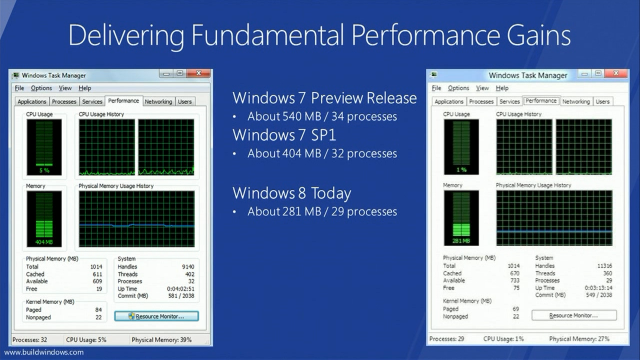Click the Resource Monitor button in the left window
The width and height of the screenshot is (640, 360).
pyautogui.click(x=156, y=316)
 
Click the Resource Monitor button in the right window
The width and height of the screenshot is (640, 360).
pyautogui.click(x=574, y=315)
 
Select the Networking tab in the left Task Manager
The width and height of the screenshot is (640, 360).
pyautogui.click(x=158, y=101)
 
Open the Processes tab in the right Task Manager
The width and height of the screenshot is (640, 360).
pyautogui.click(x=481, y=101)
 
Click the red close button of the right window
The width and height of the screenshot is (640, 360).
pyautogui.click(x=616, y=73)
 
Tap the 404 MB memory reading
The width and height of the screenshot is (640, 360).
pyautogui.click(x=44, y=242)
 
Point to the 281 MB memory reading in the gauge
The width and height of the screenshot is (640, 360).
pyautogui.click(x=461, y=241)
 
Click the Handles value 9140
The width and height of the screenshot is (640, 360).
pyautogui.click(x=188, y=267)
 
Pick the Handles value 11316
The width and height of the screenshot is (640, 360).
pyautogui.click(x=604, y=266)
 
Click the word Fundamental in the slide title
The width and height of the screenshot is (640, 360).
pyautogui.click(x=267, y=35)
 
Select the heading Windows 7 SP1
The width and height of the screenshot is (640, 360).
pyautogui.click(x=284, y=135)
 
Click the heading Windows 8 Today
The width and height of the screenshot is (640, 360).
pyautogui.click(x=292, y=193)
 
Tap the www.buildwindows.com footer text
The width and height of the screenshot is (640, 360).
pyautogui.click(x=44, y=352)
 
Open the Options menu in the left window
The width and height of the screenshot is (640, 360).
pyautogui.click(x=41, y=88)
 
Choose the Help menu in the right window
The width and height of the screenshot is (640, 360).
pyautogui.click(x=502, y=88)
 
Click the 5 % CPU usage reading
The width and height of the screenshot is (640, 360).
pyautogui.click(x=44, y=170)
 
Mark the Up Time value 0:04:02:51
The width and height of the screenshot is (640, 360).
pyautogui.click(x=181, y=289)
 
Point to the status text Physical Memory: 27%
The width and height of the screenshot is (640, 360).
pyautogui.click(x=579, y=339)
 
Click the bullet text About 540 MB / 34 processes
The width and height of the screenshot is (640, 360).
pyautogui.click(x=322, y=117)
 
